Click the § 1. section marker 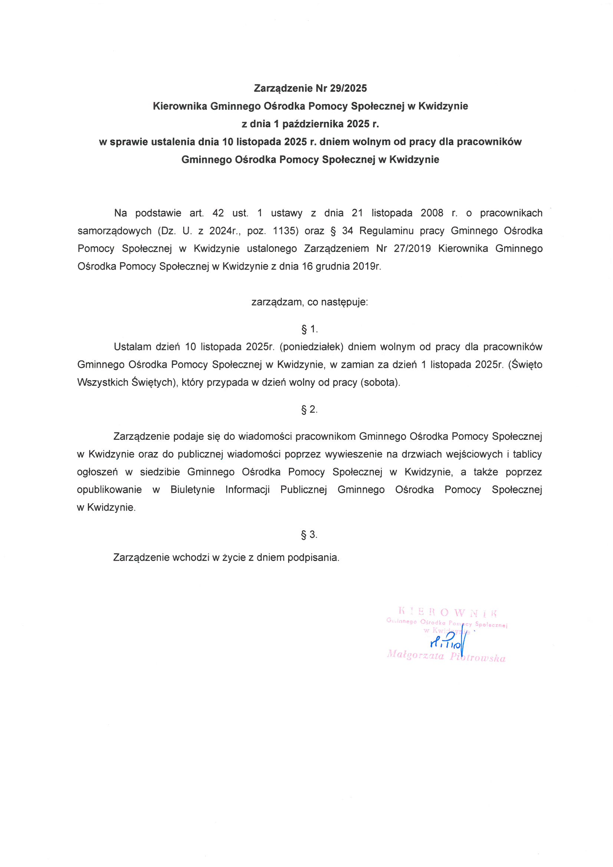309,329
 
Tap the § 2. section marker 309,409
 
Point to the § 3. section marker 309,534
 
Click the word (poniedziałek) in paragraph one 310,347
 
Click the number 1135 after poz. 286,231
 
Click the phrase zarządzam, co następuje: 309,302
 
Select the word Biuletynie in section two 192,490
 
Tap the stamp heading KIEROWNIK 448,611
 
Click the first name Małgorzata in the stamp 415,656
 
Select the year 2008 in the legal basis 432,213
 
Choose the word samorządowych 115,231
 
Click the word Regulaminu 386,231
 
